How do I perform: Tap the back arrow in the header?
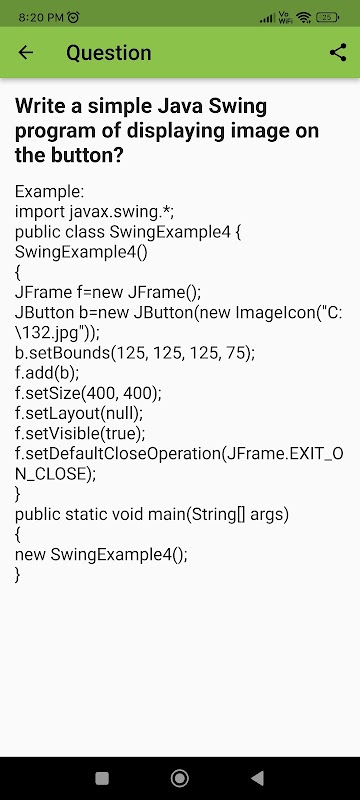click(25, 52)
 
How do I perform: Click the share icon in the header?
click(338, 52)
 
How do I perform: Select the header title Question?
click(109, 53)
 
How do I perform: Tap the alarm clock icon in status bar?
click(74, 17)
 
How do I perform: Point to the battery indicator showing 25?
click(328, 17)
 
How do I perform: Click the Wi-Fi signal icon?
click(304, 17)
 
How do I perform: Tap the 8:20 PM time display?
click(41, 17)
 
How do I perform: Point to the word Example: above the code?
click(49, 192)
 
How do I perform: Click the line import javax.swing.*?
click(95, 212)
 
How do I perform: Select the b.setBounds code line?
click(135, 353)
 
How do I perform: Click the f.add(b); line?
click(47, 373)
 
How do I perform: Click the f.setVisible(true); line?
click(80, 433)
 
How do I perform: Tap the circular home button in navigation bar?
click(179, 778)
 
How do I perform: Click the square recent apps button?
click(102, 778)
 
